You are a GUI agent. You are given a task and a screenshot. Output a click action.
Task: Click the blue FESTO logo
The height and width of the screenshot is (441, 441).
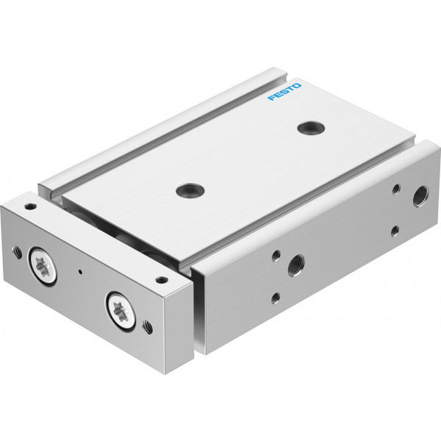pyautogui.click(x=284, y=92)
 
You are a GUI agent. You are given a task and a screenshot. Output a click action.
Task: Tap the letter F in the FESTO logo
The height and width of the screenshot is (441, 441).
pyautogui.click(x=272, y=98)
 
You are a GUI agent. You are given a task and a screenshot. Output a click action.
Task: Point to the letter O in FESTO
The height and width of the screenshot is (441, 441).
pyautogui.click(x=297, y=85)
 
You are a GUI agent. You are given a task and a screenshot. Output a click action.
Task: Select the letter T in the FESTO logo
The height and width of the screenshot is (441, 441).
pyautogui.click(x=291, y=88)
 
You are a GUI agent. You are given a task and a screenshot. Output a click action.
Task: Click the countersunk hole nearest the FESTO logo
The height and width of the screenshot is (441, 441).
pyautogui.click(x=311, y=128)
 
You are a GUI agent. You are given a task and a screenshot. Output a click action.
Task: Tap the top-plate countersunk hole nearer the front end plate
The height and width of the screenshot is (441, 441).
pyautogui.click(x=190, y=190)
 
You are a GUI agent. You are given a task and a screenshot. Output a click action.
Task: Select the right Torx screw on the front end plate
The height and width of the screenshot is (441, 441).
pyautogui.click(x=121, y=310)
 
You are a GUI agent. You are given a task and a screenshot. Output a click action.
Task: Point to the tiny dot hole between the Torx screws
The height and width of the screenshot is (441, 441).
pyautogui.click(x=80, y=272)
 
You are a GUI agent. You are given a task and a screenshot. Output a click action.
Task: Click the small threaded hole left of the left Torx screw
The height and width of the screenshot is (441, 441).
pyautogui.click(x=17, y=252)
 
